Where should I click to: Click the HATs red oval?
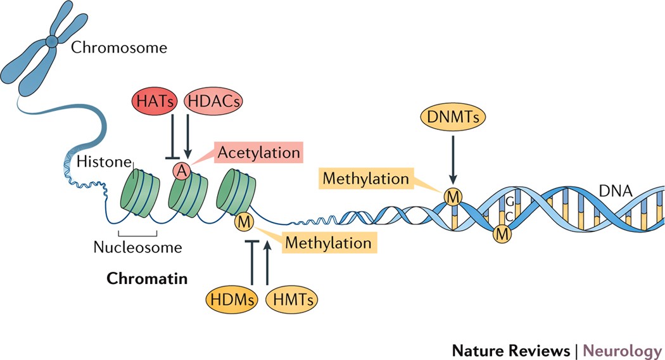[155, 101]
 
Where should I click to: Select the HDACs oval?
[213, 101]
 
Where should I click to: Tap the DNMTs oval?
[453, 117]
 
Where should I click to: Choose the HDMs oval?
[232, 299]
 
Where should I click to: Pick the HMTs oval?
[291, 299]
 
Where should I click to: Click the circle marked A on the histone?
[182, 171]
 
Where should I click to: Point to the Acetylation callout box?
[258, 152]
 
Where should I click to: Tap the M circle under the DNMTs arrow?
[453, 197]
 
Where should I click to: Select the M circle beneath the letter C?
[502, 233]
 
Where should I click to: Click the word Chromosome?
[119, 47]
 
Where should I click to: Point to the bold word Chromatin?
[147, 278]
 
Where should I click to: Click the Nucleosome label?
[137, 247]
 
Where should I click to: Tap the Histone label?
[104, 162]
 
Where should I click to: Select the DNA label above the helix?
[616, 191]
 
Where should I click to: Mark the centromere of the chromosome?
[52, 41]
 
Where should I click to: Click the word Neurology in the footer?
[623, 350]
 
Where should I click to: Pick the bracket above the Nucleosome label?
[138, 233]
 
